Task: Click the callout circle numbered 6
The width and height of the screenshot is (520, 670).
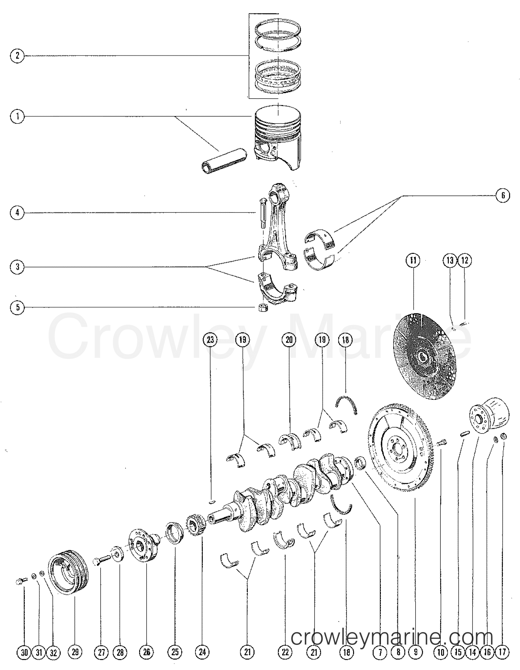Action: coord(503,196)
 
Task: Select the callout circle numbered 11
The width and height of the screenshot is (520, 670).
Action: coord(413,260)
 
